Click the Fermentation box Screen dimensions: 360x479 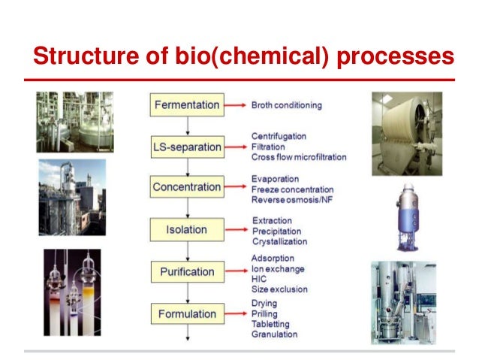[x=187, y=105]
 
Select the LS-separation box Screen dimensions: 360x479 [x=187, y=147]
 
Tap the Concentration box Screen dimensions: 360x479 [x=187, y=186]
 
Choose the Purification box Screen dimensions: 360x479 [x=187, y=271]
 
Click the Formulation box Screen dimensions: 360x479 [x=187, y=313]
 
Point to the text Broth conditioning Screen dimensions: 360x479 [x=286, y=106]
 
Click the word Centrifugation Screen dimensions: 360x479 [x=279, y=136]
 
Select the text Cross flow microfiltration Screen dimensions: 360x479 [x=298, y=157]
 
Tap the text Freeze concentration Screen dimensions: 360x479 [x=292, y=189]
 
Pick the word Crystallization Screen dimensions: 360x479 [x=279, y=242]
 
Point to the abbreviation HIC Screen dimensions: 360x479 [x=260, y=279]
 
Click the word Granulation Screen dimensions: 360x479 [x=275, y=334]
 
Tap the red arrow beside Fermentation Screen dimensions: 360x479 [x=236, y=106]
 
